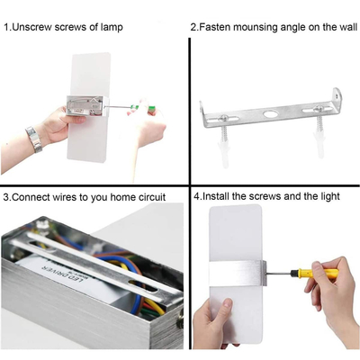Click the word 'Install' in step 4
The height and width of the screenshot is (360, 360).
click(216, 196)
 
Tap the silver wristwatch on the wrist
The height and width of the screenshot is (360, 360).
click(33, 139)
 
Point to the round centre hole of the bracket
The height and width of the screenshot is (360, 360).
click(270, 114)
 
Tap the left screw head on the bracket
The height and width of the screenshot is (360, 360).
click(223, 118)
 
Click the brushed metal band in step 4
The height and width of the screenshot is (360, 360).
click(238, 274)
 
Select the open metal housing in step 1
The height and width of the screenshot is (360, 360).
click(85, 106)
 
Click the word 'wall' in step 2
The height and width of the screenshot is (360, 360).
click(348, 27)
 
